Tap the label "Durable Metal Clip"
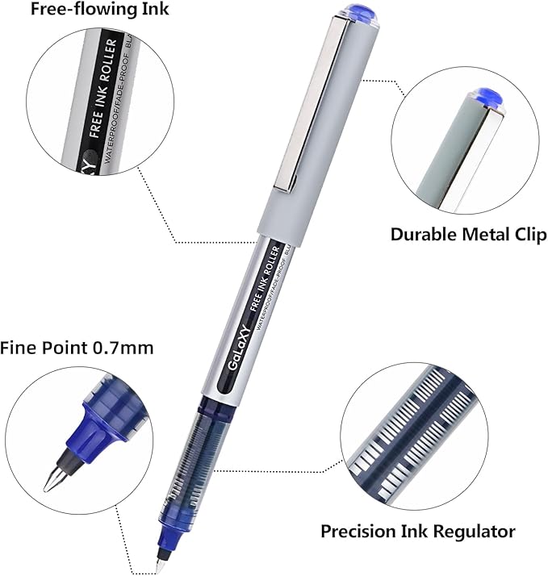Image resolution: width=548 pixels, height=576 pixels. click(468, 235)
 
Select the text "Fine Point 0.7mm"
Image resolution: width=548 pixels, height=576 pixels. click(77, 348)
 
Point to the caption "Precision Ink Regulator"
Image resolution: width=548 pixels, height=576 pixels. click(417, 532)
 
